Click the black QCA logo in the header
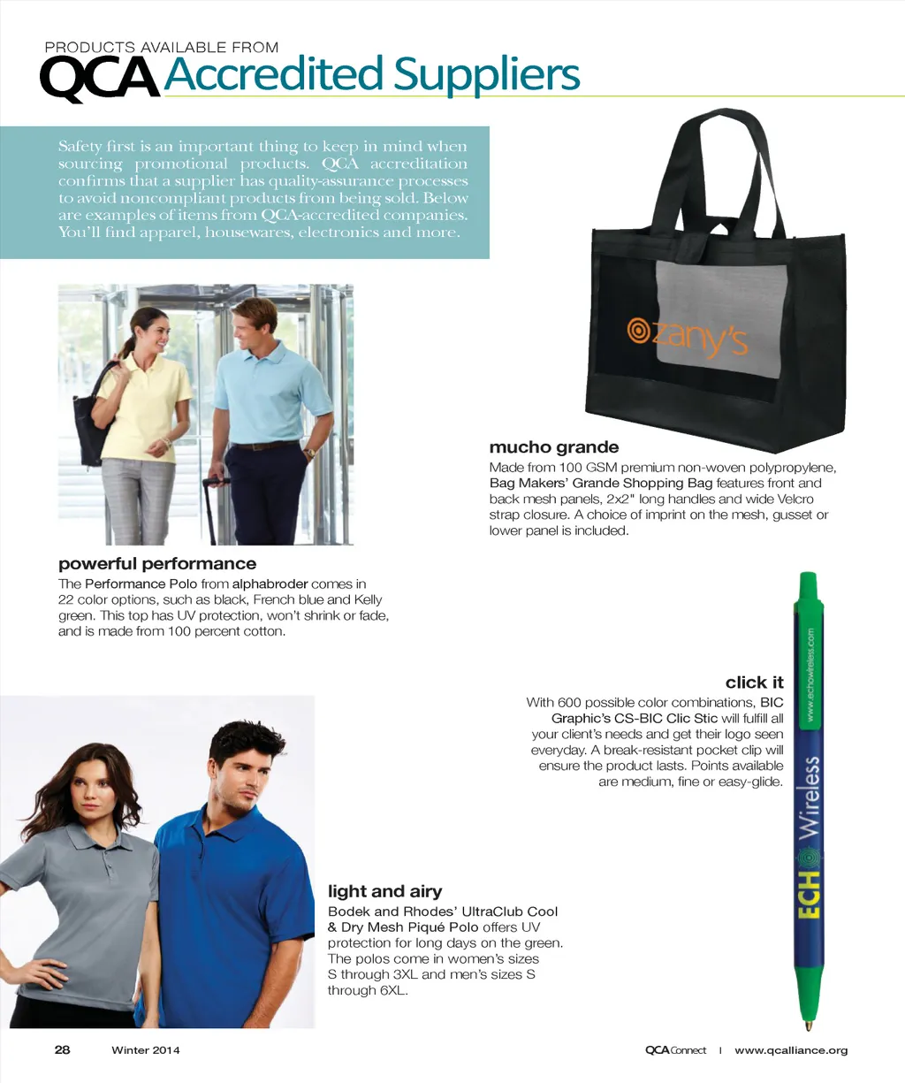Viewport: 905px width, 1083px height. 100,78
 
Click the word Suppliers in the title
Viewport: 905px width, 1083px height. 486,74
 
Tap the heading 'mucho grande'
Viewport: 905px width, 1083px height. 554,447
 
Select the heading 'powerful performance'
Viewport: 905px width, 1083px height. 157,564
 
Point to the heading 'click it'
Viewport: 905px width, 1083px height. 754,683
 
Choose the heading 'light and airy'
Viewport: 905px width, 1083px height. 384,891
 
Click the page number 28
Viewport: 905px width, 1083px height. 62,1049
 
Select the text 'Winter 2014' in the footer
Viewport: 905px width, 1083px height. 145,1050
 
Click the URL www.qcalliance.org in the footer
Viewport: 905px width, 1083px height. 791,1050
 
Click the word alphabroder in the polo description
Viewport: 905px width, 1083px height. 270,583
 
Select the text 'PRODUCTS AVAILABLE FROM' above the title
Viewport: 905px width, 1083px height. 162,48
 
